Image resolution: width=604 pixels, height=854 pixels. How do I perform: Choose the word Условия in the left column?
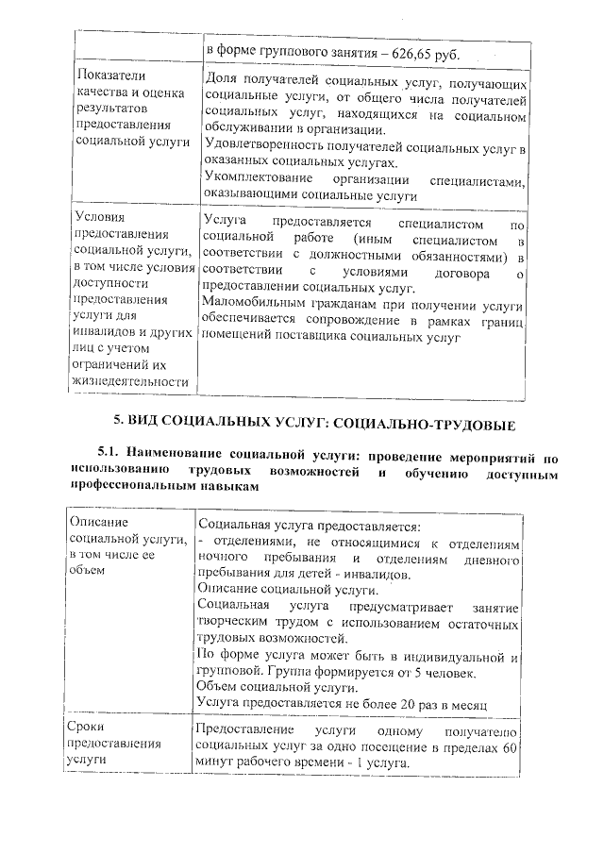point(99,217)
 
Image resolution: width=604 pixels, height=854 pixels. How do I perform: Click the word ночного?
point(224,561)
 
